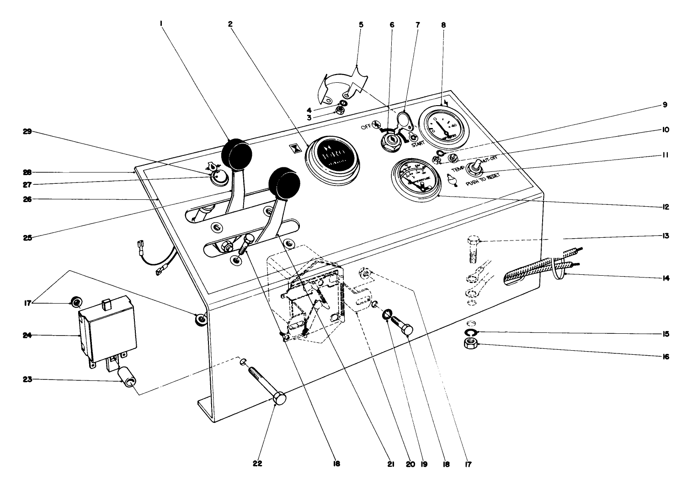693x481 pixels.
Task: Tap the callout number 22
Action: pos(257,464)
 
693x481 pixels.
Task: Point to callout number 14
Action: pos(665,278)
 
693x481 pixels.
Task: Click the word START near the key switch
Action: pos(417,144)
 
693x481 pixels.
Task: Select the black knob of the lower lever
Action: pos(284,183)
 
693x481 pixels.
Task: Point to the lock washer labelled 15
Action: pos(472,332)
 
